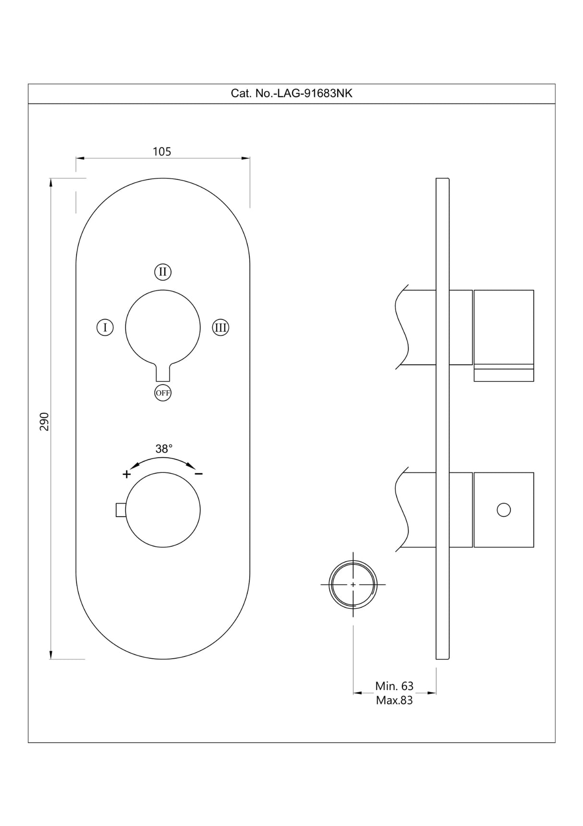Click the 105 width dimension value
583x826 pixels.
pos(162,151)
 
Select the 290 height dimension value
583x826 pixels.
pos(44,421)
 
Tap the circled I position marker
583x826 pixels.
pos(105,328)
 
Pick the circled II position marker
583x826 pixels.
pos(163,272)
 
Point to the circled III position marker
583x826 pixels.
pos(220,328)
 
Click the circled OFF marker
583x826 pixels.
pos(163,393)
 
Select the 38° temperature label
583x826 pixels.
pos(164,449)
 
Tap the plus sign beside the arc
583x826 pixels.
pos(126,474)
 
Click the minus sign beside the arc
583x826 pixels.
pos(199,474)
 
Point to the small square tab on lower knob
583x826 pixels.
pos(121,510)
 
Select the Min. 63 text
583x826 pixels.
pos(394,686)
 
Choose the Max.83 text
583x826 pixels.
pos(394,700)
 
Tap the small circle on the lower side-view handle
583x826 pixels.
pos(504,510)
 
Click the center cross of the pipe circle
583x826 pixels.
pos(353,584)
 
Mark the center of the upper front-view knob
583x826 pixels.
pos(163,328)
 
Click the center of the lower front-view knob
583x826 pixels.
pos(163,510)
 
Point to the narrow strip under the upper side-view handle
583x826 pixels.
pos(504,375)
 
